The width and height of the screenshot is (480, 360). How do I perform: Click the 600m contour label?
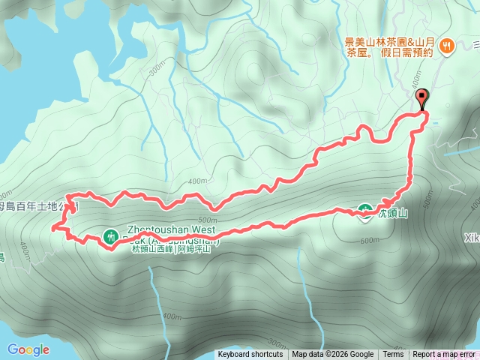click(x=369, y=240)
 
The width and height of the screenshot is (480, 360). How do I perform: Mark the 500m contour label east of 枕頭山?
click(x=429, y=201)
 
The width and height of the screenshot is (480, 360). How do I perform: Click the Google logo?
click(x=28, y=349)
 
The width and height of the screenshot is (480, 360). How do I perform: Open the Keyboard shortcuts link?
click(x=250, y=355)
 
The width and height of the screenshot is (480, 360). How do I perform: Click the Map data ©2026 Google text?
click(x=332, y=355)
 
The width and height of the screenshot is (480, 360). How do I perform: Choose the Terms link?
click(x=393, y=355)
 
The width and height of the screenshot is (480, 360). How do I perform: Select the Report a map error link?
click(x=445, y=355)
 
